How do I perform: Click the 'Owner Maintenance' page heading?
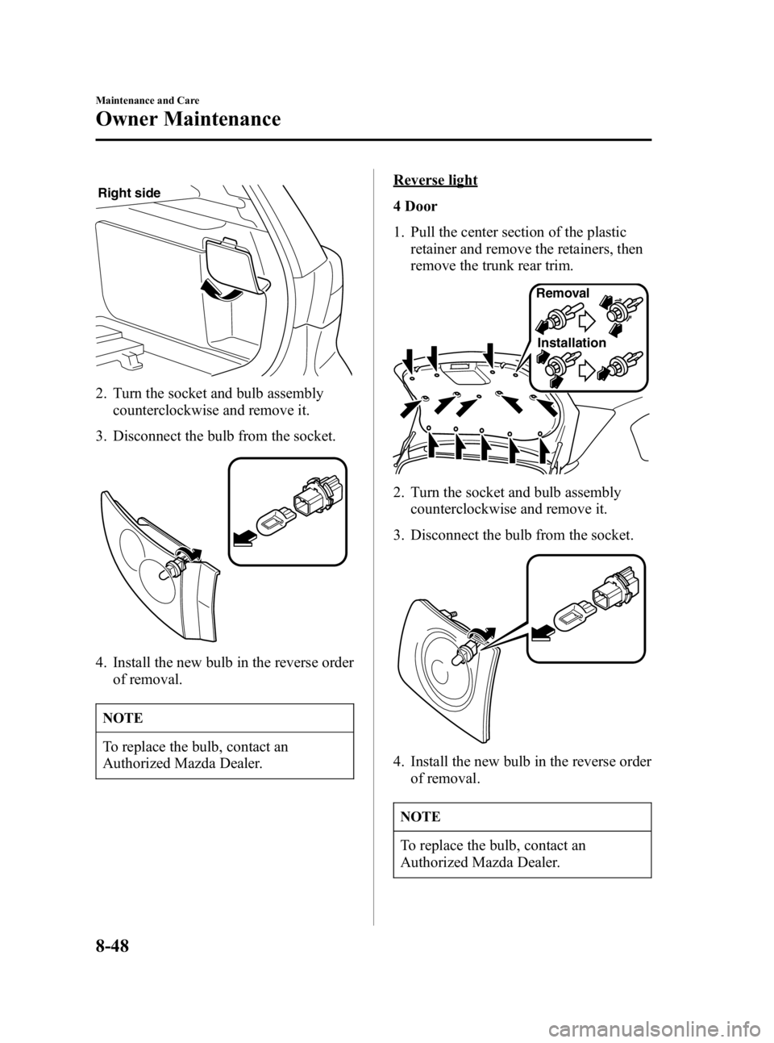pos(188,120)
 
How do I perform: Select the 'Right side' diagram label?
pos(129,194)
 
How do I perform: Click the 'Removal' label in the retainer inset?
pos(562,294)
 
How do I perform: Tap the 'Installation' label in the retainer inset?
pos(571,343)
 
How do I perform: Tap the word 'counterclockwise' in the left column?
pos(162,411)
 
